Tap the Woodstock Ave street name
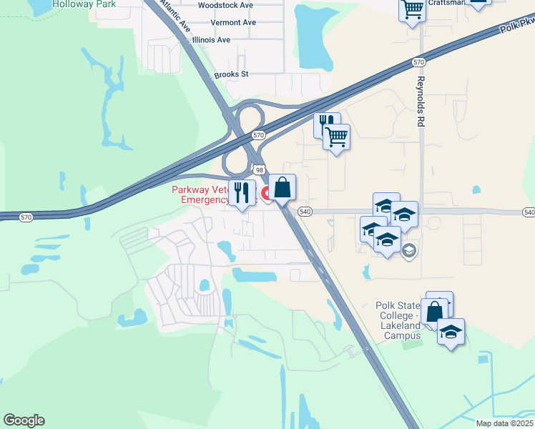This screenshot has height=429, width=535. [x=225, y=5]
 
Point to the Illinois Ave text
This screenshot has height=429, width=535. [x=211, y=40]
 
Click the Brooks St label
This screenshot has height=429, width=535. [x=231, y=74]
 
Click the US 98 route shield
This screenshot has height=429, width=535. [x=258, y=169]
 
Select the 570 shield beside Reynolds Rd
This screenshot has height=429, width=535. [x=419, y=63]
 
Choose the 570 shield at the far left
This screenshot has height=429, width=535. [x=26, y=217]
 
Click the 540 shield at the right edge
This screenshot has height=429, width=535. [x=529, y=212]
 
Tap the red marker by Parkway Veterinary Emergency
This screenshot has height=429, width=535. [x=265, y=193]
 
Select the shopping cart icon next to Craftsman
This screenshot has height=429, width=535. [x=413, y=10]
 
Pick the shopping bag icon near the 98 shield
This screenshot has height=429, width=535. [x=283, y=188]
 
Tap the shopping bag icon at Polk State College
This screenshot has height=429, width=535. [x=433, y=312]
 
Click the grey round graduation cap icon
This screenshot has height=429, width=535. [x=409, y=250]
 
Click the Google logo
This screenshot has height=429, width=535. [x=24, y=420]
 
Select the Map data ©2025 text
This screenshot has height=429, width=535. [x=504, y=423]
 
